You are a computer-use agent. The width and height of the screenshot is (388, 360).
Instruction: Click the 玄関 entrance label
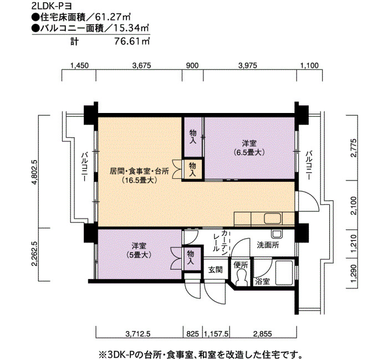(x=215, y=270)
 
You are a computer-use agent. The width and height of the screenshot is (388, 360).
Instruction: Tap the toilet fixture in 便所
(x=241, y=277)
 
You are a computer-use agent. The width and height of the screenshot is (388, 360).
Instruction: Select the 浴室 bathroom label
(x=262, y=281)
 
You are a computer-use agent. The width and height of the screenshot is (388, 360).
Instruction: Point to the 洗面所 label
(x=268, y=245)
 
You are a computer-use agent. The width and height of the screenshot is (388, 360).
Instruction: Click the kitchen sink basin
(x=273, y=218)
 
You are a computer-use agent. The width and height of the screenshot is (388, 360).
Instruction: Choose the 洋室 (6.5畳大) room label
(x=249, y=148)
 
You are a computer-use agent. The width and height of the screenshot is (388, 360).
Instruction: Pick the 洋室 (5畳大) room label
(x=139, y=250)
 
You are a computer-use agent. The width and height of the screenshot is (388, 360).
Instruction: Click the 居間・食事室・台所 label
(x=139, y=171)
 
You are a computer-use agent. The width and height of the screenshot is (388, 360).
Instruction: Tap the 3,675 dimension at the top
(x=141, y=65)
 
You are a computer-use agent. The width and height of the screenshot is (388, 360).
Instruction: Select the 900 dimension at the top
(x=192, y=65)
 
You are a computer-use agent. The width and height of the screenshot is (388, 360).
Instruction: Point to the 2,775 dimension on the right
(x=354, y=148)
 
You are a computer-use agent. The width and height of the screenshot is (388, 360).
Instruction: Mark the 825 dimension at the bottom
(x=193, y=335)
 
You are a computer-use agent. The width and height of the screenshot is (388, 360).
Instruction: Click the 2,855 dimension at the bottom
(x=262, y=335)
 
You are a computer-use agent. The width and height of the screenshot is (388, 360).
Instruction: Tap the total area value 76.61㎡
(x=132, y=41)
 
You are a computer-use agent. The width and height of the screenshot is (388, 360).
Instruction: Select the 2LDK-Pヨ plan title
(x=52, y=6)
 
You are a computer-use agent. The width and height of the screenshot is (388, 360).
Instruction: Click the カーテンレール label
(x=221, y=241)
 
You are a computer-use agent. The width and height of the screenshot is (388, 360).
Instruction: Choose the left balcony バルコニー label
(x=85, y=167)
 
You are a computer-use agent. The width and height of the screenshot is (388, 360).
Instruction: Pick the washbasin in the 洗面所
(x=276, y=234)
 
